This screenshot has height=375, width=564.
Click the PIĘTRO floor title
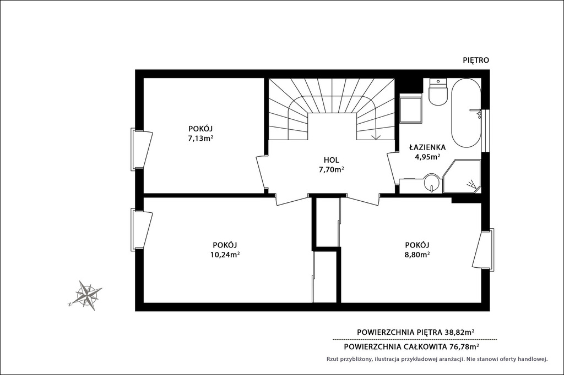point(475,60)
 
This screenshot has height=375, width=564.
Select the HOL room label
point(331,160)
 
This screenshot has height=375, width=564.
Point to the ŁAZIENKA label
point(427,147)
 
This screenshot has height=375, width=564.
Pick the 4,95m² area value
point(427,157)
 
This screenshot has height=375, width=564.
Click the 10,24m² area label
point(225,255)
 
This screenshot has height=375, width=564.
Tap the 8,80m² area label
point(417,255)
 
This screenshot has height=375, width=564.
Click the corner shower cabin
point(462,176)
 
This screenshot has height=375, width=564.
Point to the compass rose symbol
point(86,295)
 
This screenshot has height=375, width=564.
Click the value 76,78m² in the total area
point(464,346)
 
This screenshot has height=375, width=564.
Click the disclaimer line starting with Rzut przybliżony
point(437,359)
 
